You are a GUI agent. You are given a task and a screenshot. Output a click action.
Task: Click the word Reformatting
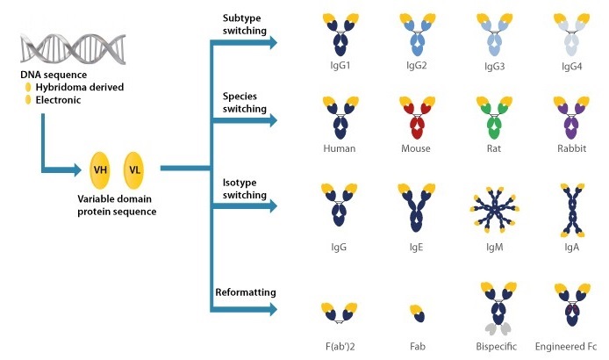pyautogui.click(x=247, y=291)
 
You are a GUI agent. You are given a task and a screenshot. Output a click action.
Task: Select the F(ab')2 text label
pyautogui.click(x=339, y=348)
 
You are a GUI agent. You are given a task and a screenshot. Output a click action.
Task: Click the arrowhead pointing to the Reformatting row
pyautogui.click(x=274, y=308)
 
